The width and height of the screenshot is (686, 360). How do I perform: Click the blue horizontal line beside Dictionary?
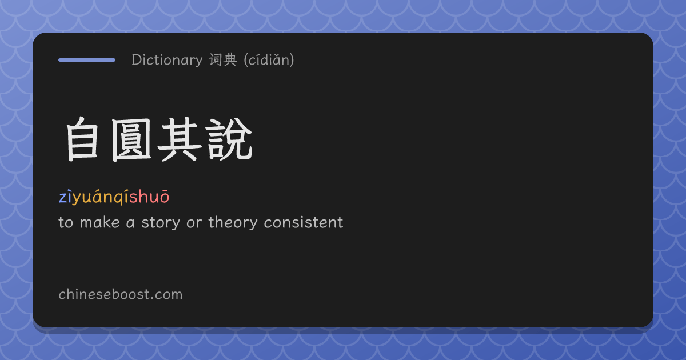pyautogui.click(x=87, y=60)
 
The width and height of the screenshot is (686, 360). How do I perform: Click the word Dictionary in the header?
pyautogui.click(x=167, y=60)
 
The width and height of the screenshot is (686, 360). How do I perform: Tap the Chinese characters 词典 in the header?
pyautogui.click(x=223, y=59)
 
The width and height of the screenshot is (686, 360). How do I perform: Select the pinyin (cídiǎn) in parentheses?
pyautogui.click(x=269, y=60)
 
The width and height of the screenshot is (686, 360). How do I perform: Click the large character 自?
pyautogui.click(x=82, y=139)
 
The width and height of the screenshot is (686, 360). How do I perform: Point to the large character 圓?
pyautogui.click(x=131, y=139)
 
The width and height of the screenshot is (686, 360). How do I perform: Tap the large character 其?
pyautogui.click(x=180, y=139)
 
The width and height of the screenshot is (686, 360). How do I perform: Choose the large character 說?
pyautogui.click(x=229, y=139)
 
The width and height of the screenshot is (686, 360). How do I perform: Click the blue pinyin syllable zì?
pyautogui.click(x=65, y=197)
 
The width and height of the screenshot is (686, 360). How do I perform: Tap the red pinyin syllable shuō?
pyautogui.click(x=149, y=197)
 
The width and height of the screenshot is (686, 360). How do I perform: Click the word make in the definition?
pyautogui.click(x=99, y=222)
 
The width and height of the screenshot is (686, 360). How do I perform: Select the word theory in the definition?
pyautogui.click(x=233, y=223)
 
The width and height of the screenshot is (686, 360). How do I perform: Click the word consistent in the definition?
pyautogui.click(x=304, y=222)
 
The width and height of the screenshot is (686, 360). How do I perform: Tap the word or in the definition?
pyautogui.click(x=194, y=223)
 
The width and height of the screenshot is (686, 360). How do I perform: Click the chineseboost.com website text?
pyautogui.click(x=121, y=294)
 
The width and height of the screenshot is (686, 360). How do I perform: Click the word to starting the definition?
pyautogui.click(x=66, y=223)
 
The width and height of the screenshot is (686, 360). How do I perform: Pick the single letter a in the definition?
pyautogui.click(x=130, y=224)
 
